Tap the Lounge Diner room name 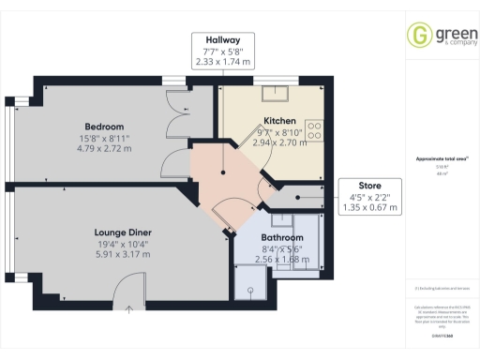(x=123, y=231)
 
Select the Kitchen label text (x=279, y=122)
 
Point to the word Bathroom (x=256, y=238)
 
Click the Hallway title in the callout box (x=223, y=38)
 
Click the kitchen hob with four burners (x=314, y=128)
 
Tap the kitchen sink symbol (x=277, y=92)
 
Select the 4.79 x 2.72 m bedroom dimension (x=104, y=148)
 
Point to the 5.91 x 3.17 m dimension (x=123, y=253)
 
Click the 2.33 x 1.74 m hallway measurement (x=223, y=61)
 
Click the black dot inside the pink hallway (x=222, y=172)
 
